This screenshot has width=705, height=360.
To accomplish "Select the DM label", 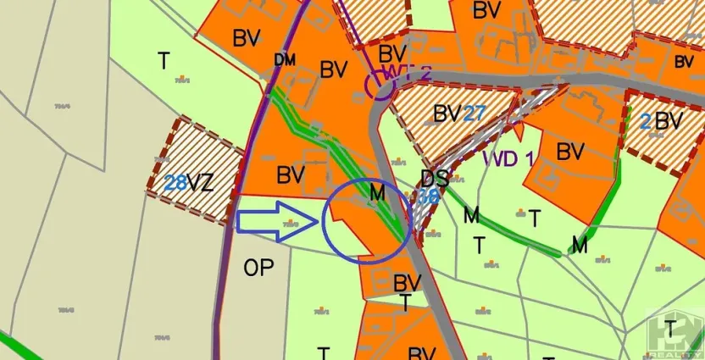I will point(284,60).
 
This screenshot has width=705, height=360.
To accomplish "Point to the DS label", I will point(434,179).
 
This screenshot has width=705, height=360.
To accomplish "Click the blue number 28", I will point(175,182).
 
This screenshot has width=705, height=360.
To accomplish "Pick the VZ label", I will point(201,182).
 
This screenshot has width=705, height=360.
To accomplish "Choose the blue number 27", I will point(474,114).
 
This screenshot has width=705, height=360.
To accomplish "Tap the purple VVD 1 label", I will point(508,158).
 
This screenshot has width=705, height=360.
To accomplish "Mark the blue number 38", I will point(430,196).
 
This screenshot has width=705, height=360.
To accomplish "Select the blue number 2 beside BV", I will point(646,121).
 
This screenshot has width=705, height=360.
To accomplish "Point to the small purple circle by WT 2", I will point(378,86).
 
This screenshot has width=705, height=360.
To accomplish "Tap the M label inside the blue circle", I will point(377,195).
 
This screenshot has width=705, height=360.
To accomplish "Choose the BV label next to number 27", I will point(447,114).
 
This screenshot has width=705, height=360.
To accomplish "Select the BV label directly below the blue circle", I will point(408,282).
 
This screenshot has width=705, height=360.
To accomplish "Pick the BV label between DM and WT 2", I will point(334,70).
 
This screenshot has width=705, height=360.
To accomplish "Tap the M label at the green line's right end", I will point(580,246).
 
